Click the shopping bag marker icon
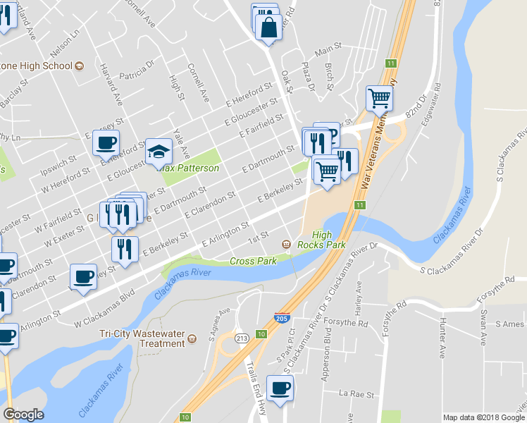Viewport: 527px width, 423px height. point(269,29)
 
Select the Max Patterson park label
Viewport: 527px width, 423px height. point(188,168)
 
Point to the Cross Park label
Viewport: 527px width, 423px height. point(252,262)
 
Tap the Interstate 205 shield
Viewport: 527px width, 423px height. point(283,319)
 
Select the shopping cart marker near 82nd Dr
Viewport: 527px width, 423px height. point(380,99)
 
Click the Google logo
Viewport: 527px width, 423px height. point(23,415)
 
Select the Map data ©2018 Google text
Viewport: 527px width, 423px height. point(484,417)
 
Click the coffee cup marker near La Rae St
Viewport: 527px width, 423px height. point(280,388)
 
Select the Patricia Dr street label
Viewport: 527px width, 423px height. point(137,74)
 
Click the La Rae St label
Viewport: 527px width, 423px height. point(354,393)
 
